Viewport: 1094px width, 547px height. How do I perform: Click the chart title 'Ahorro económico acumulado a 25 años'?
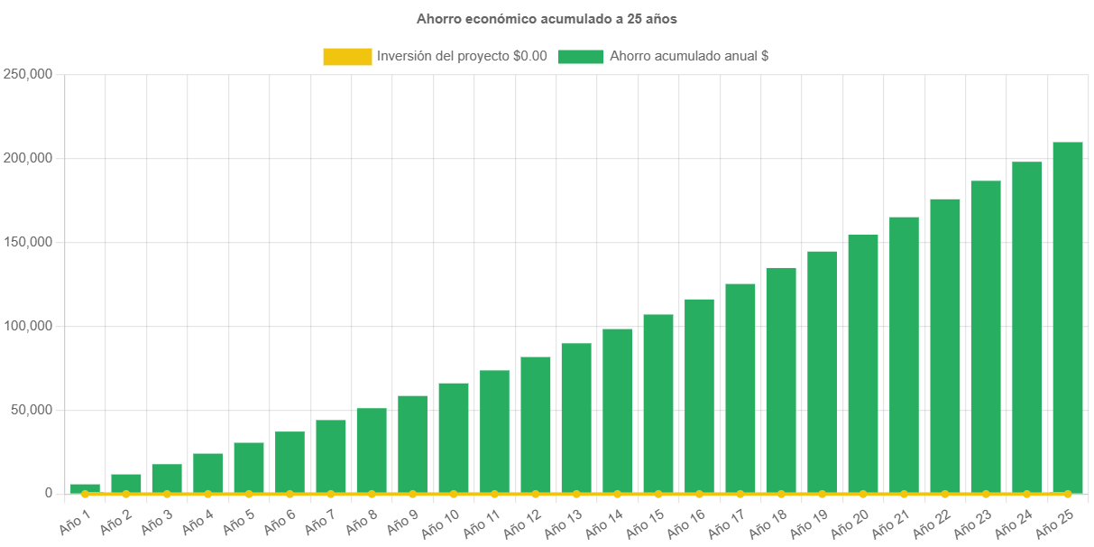coord(547,19)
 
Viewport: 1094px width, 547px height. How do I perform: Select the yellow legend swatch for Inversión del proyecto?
coord(347,57)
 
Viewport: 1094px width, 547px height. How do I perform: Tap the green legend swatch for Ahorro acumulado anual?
coord(580,57)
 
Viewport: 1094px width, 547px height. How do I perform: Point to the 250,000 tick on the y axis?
coord(28,74)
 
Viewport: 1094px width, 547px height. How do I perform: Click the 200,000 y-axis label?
coord(28,158)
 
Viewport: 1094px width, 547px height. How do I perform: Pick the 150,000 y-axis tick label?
coord(28,242)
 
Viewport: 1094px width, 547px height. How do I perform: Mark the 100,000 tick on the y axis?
coord(28,326)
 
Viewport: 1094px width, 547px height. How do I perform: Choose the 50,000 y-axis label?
coord(32,410)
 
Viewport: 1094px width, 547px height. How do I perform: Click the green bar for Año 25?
coord(1068,316)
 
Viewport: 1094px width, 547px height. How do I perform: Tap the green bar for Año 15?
coord(658,403)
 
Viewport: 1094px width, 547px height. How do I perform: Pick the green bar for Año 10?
coord(454,438)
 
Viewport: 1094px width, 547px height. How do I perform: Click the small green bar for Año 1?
coord(85,487)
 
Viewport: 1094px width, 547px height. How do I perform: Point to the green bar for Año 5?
coord(249,468)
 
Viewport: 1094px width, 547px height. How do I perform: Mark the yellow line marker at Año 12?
coord(536,494)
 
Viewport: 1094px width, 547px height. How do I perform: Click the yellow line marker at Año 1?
coord(85,494)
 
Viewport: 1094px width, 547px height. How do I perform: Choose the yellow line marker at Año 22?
coord(945,494)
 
